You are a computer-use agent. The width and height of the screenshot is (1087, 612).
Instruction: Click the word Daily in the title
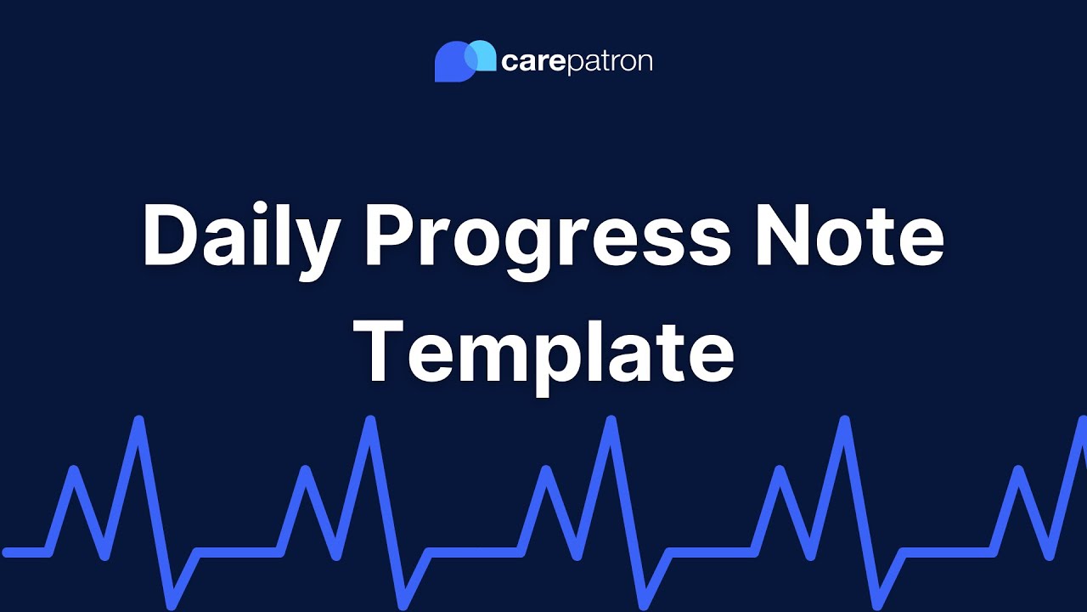click(240, 238)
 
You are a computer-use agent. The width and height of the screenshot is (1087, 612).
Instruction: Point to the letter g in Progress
click(537, 252)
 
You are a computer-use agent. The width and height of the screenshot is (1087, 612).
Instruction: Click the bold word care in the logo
click(532, 62)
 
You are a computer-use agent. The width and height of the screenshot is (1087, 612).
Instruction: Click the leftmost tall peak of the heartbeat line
click(138, 422)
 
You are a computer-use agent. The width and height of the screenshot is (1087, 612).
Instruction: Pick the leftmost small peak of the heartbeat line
click(75, 471)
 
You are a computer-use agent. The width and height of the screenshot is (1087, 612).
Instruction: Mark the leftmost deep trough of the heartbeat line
click(172, 603)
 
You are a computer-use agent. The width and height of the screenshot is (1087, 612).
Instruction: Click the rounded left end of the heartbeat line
click(7, 552)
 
